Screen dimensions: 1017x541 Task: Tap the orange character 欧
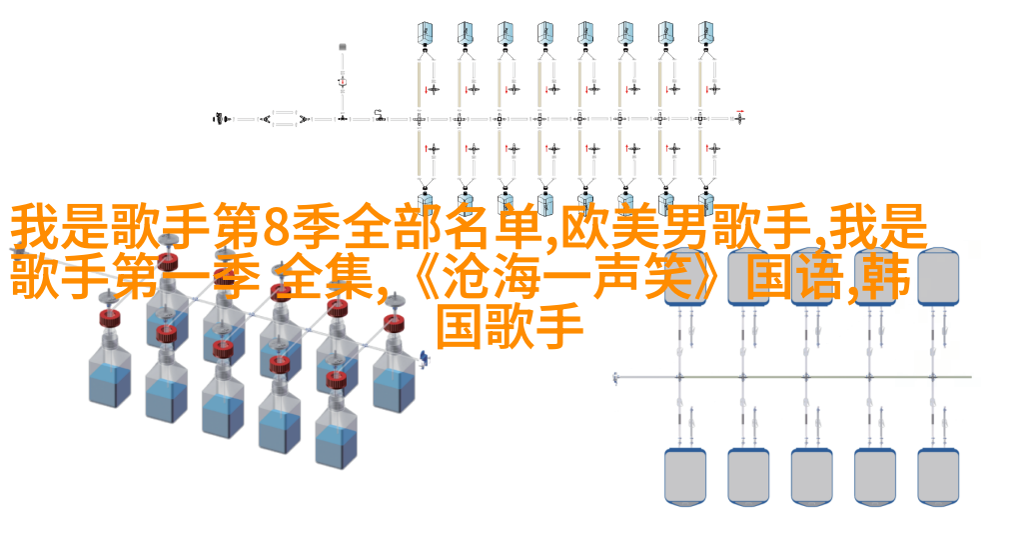[x=585, y=227]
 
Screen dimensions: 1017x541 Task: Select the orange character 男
[x=687, y=227]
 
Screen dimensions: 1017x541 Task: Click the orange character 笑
[x=668, y=278]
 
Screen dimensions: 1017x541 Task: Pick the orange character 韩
[x=888, y=278]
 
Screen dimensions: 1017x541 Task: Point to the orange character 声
[x=616, y=278]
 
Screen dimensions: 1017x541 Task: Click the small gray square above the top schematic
[x=343, y=47]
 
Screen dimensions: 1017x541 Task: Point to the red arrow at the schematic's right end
[x=740, y=112]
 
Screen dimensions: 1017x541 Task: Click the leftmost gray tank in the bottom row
[x=685, y=476]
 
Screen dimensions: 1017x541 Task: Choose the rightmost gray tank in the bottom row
[x=938, y=476]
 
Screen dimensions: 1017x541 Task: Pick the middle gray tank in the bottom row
[x=811, y=476]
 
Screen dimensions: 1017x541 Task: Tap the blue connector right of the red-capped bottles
[x=425, y=358]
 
